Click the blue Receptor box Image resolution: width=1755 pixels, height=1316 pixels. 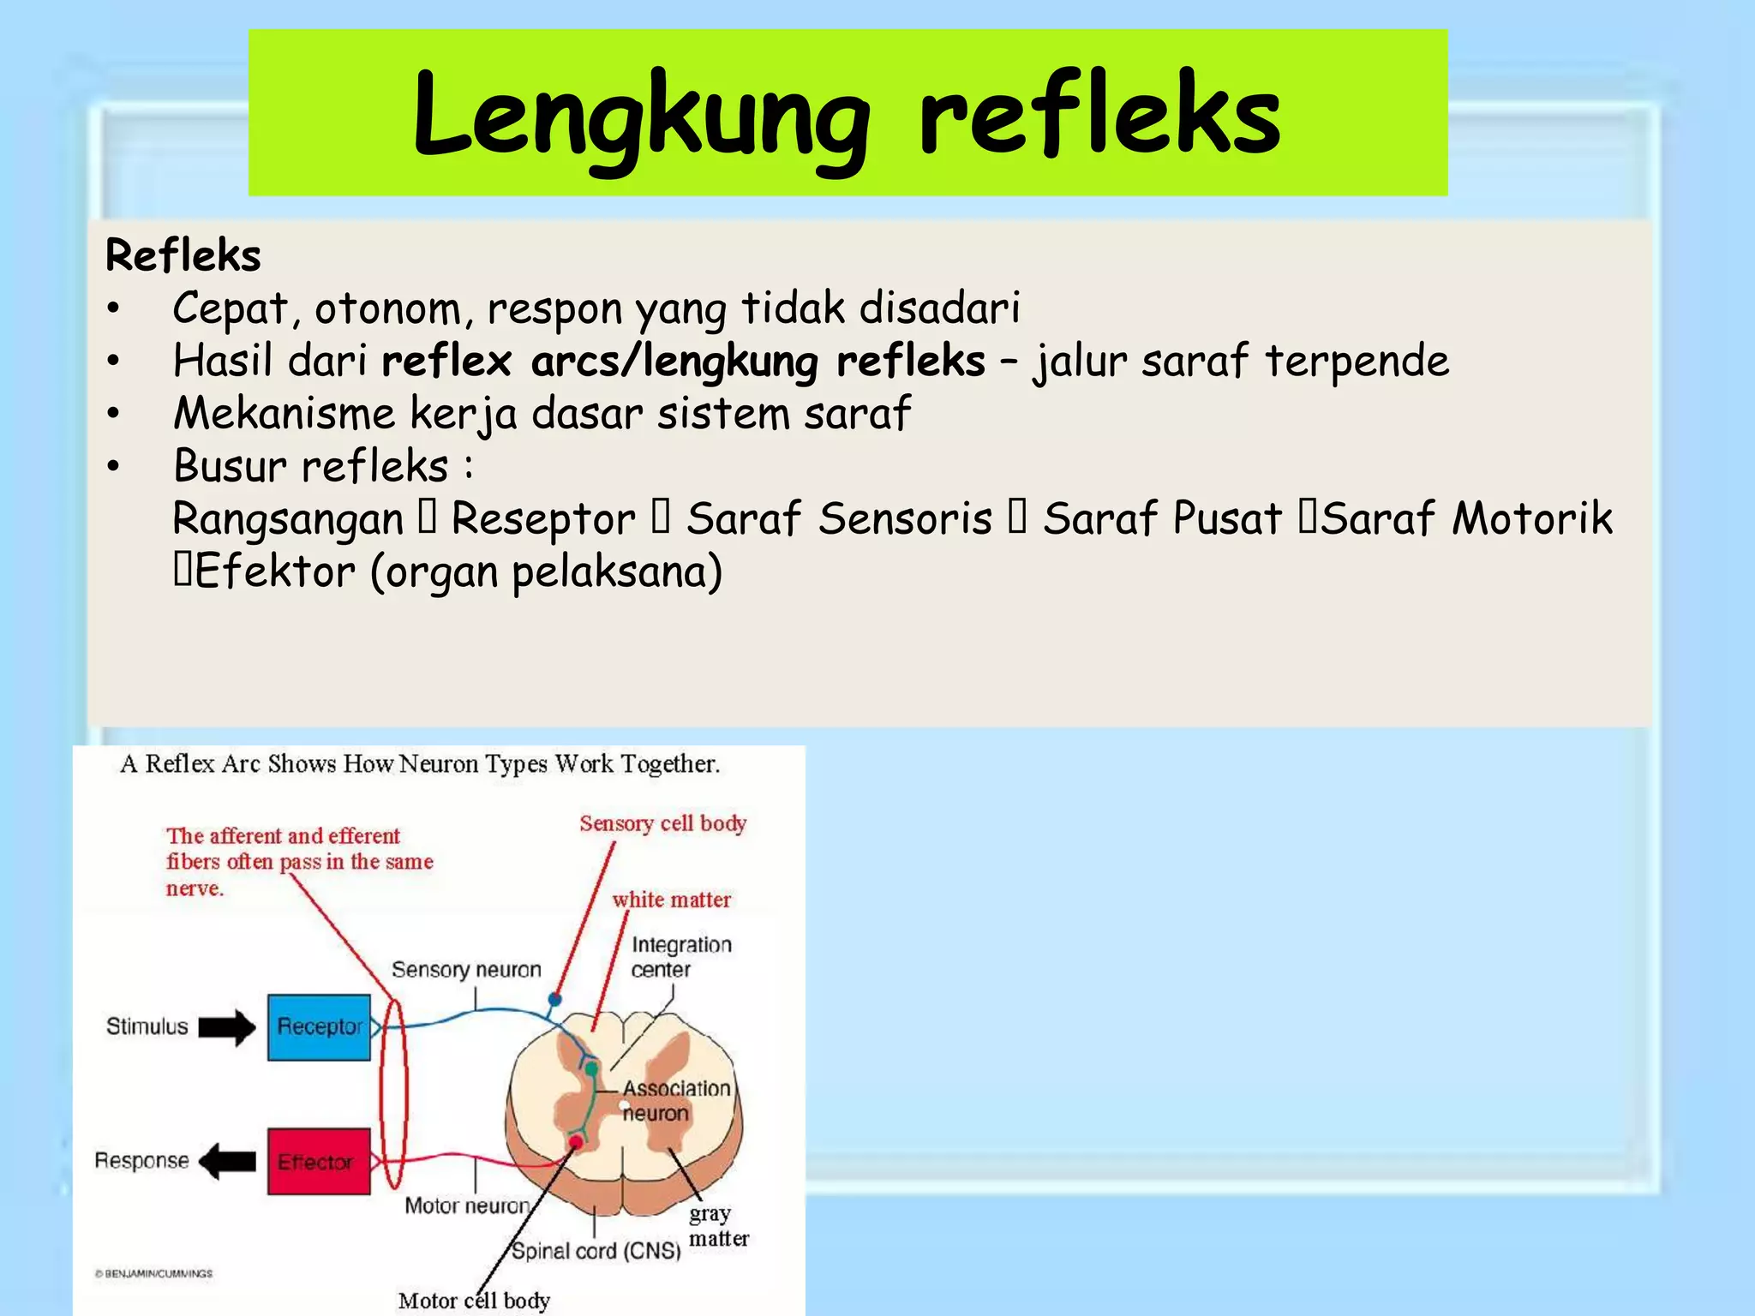(x=319, y=1026)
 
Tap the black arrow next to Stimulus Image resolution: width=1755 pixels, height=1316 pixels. (x=227, y=1027)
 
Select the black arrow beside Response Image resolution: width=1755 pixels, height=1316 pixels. (x=227, y=1162)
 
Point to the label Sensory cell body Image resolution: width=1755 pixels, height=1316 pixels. (x=662, y=823)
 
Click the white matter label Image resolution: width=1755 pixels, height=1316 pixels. (x=671, y=900)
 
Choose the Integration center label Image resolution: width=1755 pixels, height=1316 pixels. (x=680, y=957)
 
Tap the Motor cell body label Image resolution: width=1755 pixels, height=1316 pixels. (x=474, y=1301)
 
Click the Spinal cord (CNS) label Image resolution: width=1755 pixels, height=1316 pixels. (x=596, y=1251)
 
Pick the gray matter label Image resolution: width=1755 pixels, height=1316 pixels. (x=718, y=1226)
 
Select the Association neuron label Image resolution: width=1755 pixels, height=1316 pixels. (x=675, y=1101)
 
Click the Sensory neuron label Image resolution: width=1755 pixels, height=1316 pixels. (x=466, y=970)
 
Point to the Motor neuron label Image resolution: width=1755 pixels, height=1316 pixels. (x=467, y=1205)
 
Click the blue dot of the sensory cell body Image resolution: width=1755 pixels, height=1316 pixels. (x=554, y=999)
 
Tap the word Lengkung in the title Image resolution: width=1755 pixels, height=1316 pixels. (x=641, y=117)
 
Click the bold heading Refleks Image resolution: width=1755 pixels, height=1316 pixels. (x=183, y=255)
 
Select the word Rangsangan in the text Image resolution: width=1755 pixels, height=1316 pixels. (x=288, y=519)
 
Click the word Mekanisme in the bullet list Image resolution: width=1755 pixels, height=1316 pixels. (x=284, y=414)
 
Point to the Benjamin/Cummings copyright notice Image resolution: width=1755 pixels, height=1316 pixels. (x=154, y=1273)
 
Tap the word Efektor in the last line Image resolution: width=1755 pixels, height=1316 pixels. (x=274, y=572)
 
